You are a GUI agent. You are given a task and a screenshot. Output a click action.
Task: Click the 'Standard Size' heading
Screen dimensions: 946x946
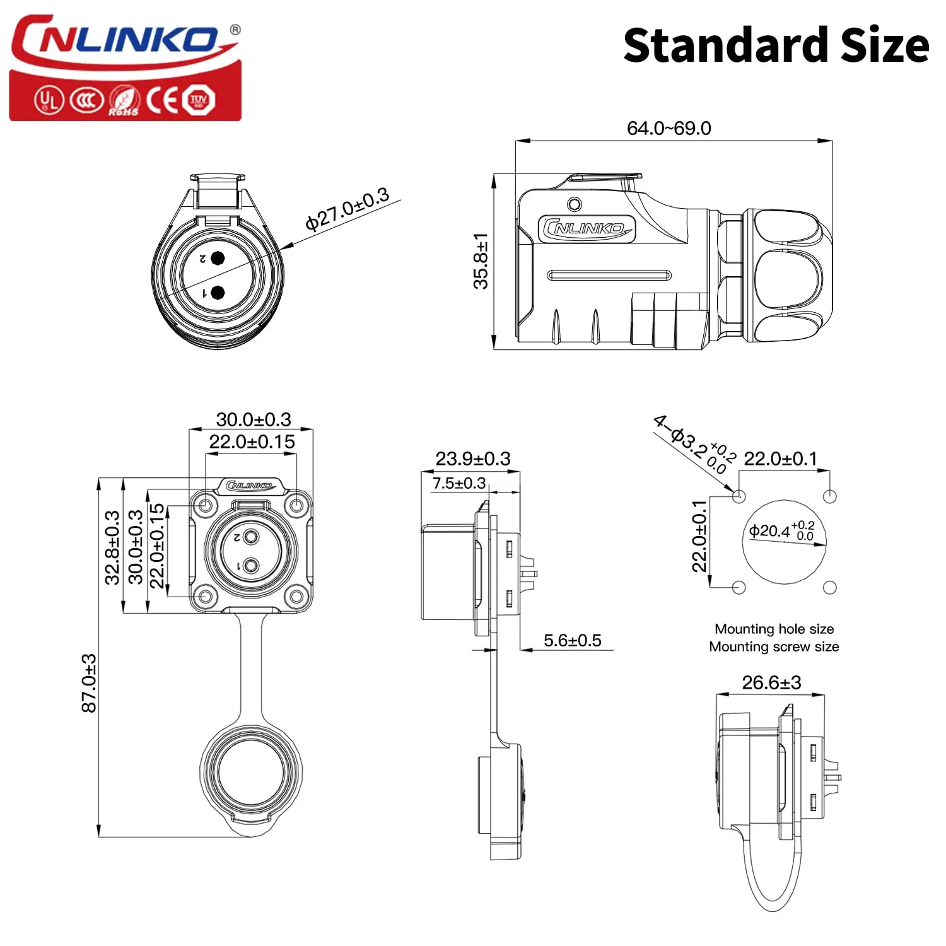click(x=776, y=45)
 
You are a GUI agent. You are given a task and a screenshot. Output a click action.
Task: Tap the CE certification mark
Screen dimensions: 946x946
click(x=163, y=100)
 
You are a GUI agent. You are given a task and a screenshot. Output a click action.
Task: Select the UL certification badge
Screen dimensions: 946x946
click(x=49, y=100)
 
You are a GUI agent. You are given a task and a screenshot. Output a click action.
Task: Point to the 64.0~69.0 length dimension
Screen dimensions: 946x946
click(x=669, y=128)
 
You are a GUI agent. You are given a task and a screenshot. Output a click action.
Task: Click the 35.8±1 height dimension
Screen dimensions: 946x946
click(x=481, y=261)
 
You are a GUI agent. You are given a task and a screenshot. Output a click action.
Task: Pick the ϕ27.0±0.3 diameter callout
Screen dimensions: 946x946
click(x=347, y=209)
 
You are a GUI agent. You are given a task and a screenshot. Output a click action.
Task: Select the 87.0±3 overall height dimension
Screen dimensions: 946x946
click(x=89, y=683)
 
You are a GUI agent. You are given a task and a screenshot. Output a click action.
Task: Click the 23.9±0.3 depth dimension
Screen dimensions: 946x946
click(x=472, y=458)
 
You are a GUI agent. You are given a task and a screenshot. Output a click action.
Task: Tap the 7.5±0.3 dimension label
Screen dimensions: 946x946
click(x=458, y=483)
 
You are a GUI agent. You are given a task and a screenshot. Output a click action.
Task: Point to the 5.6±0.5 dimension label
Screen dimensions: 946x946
click(x=572, y=640)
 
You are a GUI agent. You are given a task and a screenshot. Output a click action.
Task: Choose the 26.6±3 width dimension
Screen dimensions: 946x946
click(x=771, y=682)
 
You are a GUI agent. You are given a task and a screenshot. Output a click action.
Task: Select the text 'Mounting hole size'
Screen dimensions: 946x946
click(x=774, y=629)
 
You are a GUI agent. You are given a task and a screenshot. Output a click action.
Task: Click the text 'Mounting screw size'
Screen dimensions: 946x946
click(x=774, y=646)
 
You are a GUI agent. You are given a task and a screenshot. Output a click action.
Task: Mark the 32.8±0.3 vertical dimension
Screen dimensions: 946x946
click(x=112, y=547)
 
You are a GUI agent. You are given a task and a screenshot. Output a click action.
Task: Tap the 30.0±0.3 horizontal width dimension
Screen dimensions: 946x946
click(x=254, y=419)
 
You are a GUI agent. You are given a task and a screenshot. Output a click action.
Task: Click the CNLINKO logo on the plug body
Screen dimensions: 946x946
click(x=587, y=228)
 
